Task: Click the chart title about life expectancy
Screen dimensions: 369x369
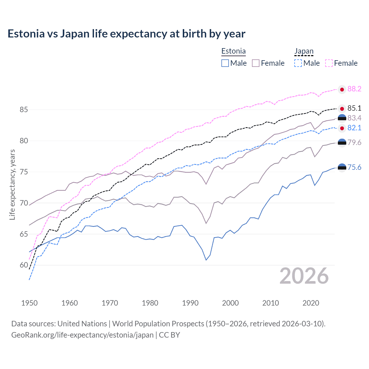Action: [x=126, y=34]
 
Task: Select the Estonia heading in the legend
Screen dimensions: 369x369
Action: [x=234, y=51]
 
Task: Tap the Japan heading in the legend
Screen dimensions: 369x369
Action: [x=304, y=51]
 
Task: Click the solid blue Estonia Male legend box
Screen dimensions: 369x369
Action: [x=225, y=63]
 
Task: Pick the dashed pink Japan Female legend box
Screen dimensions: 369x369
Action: [x=329, y=63]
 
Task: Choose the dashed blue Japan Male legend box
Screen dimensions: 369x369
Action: [x=298, y=63]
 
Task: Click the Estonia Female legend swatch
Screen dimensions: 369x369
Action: [x=256, y=63]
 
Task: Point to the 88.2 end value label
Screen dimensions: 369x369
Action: [x=354, y=89]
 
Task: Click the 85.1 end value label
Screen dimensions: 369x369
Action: [x=354, y=108]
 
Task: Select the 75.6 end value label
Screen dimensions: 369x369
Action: [x=354, y=167]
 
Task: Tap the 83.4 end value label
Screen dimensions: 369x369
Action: [x=354, y=118]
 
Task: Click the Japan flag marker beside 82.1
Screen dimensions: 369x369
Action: [x=342, y=128]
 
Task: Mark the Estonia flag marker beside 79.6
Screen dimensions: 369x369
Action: [x=342, y=142]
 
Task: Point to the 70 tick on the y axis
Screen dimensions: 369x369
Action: [x=24, y=203]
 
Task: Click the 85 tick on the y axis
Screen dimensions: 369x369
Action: [x=24, y=110]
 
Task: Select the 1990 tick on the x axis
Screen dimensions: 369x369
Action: [x=190, y=303]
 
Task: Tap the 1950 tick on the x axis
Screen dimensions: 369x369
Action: [x=29, y=303]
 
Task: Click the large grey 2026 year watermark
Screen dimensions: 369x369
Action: [x=304, y=276]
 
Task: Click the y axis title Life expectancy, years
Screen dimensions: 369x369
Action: [x=12, y=184]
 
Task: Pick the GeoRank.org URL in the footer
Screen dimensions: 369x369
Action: [x=82, y=335]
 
